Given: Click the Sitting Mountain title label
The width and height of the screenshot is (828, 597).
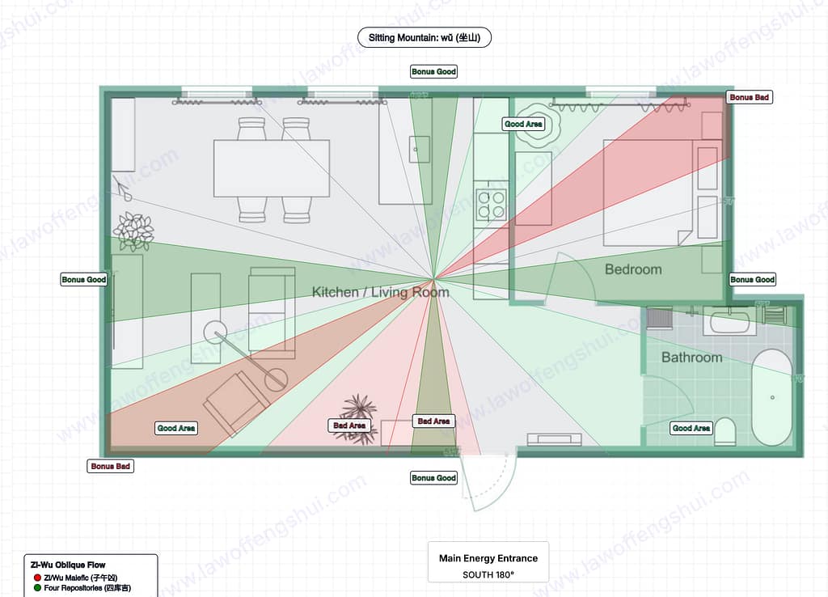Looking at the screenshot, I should point(424,37).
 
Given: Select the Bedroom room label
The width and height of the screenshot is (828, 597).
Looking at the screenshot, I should point(633,269).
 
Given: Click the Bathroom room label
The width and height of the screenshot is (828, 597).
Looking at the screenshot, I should point(691,358).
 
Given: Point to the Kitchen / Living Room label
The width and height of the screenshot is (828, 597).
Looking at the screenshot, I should point(380,292).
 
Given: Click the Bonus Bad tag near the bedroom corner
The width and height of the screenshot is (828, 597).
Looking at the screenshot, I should point(750,97).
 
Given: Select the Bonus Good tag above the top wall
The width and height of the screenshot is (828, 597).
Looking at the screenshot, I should point(433,72).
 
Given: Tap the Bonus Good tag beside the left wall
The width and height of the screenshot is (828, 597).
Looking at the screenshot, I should point(84,280).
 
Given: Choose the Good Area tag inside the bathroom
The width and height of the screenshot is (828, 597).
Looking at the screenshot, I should point(691,428).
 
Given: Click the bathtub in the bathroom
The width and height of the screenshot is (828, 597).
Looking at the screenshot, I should point(772,397).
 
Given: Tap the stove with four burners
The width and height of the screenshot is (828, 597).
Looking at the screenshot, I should point(490,204).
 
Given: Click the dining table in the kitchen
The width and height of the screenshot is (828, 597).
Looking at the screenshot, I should point(271,168).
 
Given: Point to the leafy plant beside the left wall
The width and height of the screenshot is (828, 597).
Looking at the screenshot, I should point(134,231).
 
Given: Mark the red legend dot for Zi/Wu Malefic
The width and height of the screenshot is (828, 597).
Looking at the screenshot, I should point(37,577).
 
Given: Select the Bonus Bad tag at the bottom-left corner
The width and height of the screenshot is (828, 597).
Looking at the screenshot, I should point(110,467).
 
